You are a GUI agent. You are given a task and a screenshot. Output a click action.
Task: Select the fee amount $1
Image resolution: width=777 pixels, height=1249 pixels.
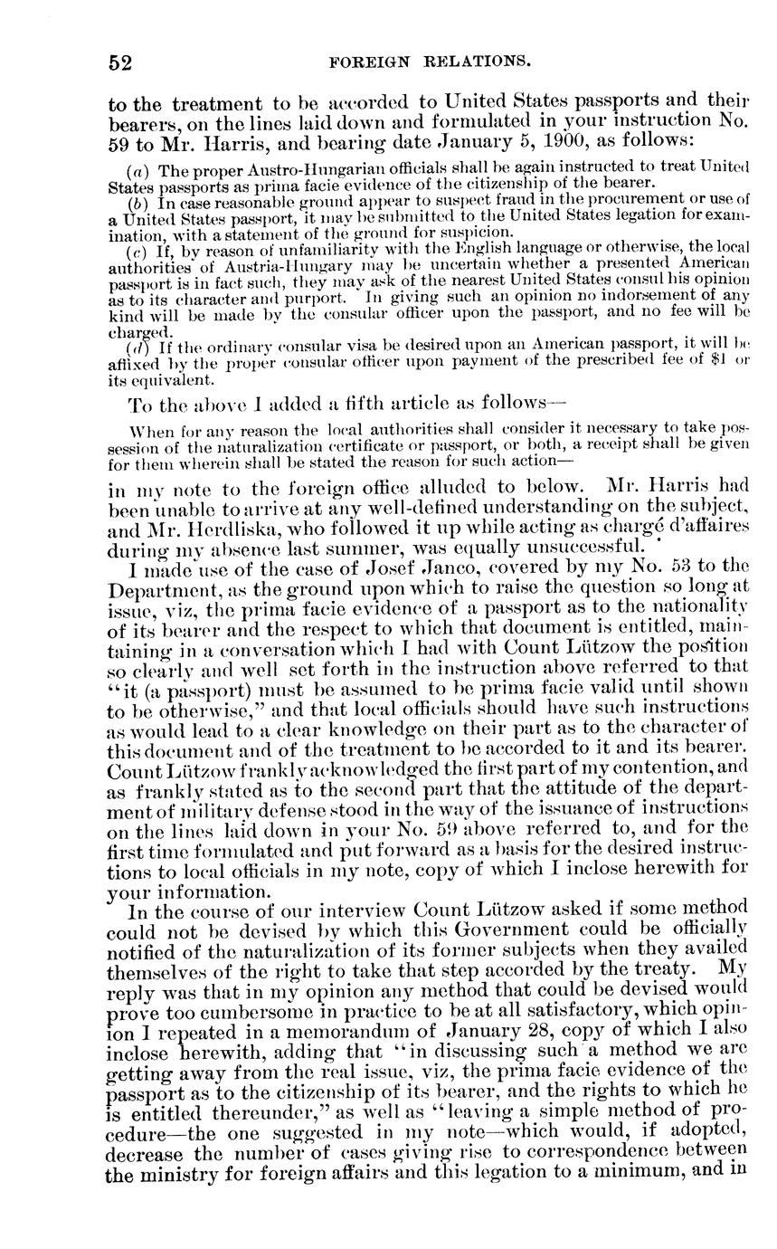[719, 365]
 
